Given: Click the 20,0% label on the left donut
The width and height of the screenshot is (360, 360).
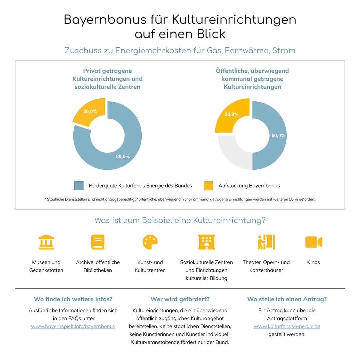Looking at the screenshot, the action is click(x=90, y=112).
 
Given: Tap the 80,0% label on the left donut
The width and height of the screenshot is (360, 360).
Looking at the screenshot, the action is click(x=123, y=157).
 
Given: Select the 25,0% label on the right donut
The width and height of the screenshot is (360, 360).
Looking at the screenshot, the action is click(x=231, y=114).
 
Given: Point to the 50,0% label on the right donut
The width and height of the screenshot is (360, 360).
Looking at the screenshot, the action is click(x=278, y=136).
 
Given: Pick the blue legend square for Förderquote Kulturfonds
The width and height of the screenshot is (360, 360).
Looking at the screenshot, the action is click(x=79, y=186).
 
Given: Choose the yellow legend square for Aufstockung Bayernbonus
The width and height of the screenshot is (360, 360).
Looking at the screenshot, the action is click(x=208, y=186).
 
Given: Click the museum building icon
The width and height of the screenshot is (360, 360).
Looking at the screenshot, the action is click(x=46, y=242).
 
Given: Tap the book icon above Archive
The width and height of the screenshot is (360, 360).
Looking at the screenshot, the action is click(x=98, y=242).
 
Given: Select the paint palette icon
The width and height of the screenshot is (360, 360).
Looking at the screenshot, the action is click(x=150, y=242).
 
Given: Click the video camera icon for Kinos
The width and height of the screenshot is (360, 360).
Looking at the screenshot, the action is click(x=314, y=242).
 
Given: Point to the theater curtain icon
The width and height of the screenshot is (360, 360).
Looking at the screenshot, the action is click(x=266, y=242).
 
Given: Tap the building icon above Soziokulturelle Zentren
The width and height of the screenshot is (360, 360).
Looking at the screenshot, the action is click(x=207, y=242).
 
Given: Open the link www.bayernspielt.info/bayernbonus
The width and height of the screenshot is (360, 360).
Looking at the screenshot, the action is click(x=73, y=326).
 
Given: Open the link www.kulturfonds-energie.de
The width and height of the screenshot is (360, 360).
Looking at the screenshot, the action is click(x=287, y=326).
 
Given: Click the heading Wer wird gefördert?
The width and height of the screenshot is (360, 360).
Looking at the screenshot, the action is click(x=180, y=299).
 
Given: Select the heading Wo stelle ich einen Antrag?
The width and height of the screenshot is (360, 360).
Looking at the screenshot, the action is click(x=287, y=299).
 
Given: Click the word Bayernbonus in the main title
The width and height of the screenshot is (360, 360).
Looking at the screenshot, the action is click(x=105, y=20).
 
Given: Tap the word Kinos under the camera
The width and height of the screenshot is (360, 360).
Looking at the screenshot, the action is click(x=313, y=262).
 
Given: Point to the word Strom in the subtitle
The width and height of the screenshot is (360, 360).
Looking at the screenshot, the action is click(x=284, y=51).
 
